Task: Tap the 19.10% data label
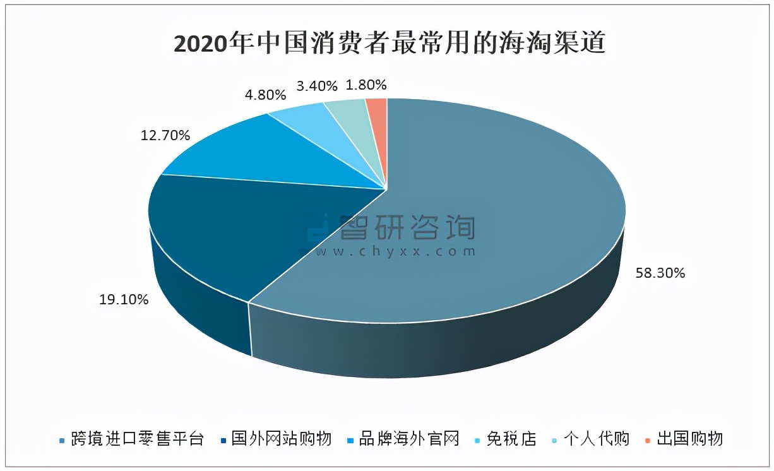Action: pyautogui.click(x=124, y=300)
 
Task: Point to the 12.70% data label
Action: pyautogui.click(x=165, y=134)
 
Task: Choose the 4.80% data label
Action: pyautogui.click(x=265, y=95)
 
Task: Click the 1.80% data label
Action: pyautogui.click(x=366, y=85)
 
